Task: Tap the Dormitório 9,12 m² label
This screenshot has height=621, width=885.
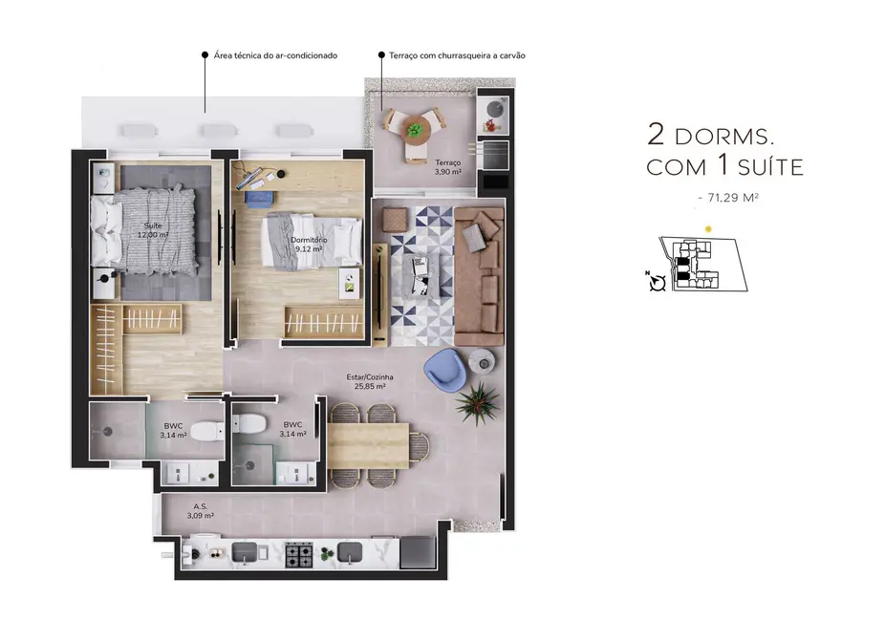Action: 309,244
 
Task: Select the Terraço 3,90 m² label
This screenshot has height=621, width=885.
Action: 447,168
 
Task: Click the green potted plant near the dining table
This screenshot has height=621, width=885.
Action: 477,402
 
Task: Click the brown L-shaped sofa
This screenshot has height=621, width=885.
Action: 479,277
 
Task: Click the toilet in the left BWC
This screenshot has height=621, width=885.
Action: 205,432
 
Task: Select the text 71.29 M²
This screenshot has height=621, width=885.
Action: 732,198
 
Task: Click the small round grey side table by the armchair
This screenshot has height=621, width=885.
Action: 481,359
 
